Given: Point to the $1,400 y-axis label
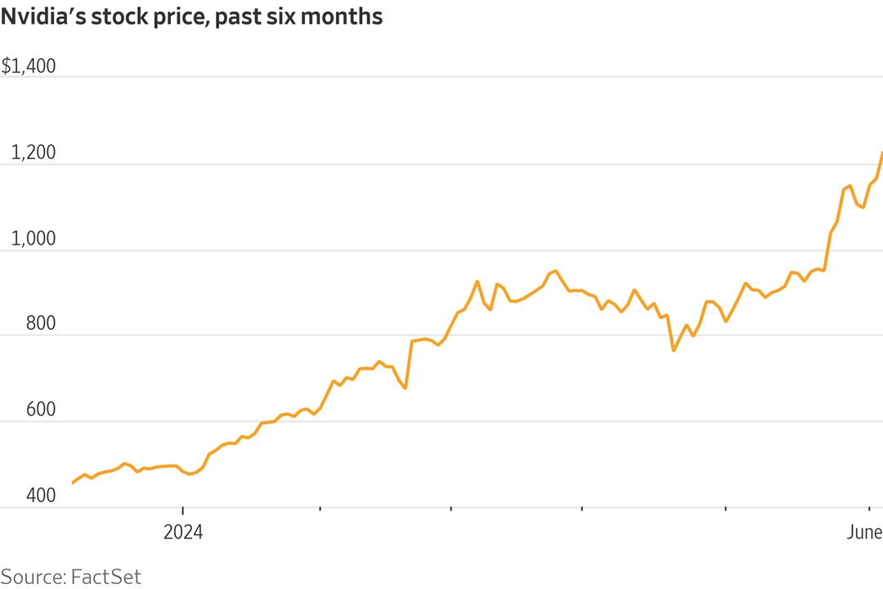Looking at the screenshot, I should pyautogui.click(x=29, y=66).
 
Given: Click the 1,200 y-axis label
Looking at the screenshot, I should pyautogui.click(x=33, y=153).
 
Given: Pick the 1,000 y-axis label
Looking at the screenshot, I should pyautogui.click(x=33, y=239).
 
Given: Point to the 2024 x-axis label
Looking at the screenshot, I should pyautogui.click(x=182, y=533).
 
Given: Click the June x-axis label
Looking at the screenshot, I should pyautogui.click(x=863, y=533).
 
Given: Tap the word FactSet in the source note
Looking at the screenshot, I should pyautogui.click(x=106, y=576).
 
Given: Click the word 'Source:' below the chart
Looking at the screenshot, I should pyautogui.click(x=33, y=576).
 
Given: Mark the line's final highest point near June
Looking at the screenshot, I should pyautogui.click(x=882, y=152).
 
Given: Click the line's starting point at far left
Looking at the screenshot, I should pyautogui.click(x=73, y=483).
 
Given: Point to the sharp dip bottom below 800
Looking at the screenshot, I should pyautogui.click(x=674, y=350).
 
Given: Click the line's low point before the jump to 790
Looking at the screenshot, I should pyautogui.click(x=406, y=388).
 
